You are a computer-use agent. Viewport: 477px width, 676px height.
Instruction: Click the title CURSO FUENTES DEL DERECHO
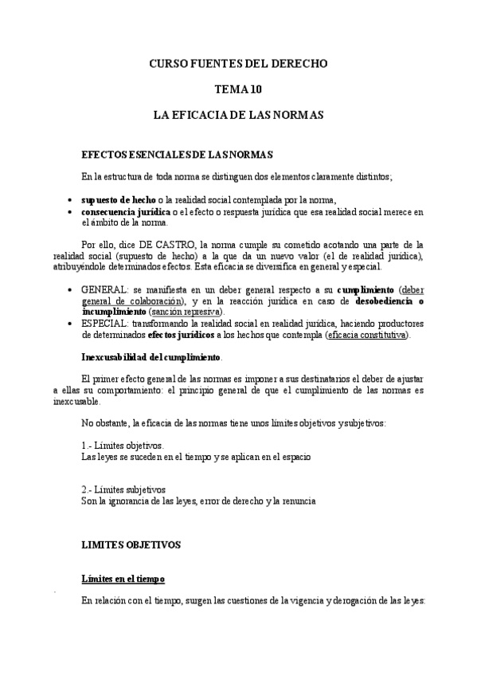(x=238, y=63)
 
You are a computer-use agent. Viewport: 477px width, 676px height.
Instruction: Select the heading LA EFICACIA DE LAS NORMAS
(x=238, y=116)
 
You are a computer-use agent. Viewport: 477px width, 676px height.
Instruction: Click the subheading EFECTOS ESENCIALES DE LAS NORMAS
(x=178, y=153)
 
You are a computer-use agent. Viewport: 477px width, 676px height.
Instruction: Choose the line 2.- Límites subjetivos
(x=123, y=489)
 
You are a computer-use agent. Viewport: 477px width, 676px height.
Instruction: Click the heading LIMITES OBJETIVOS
(x=131, y=545)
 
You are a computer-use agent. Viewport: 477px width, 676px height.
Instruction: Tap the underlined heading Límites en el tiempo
(x=123, y=578)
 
